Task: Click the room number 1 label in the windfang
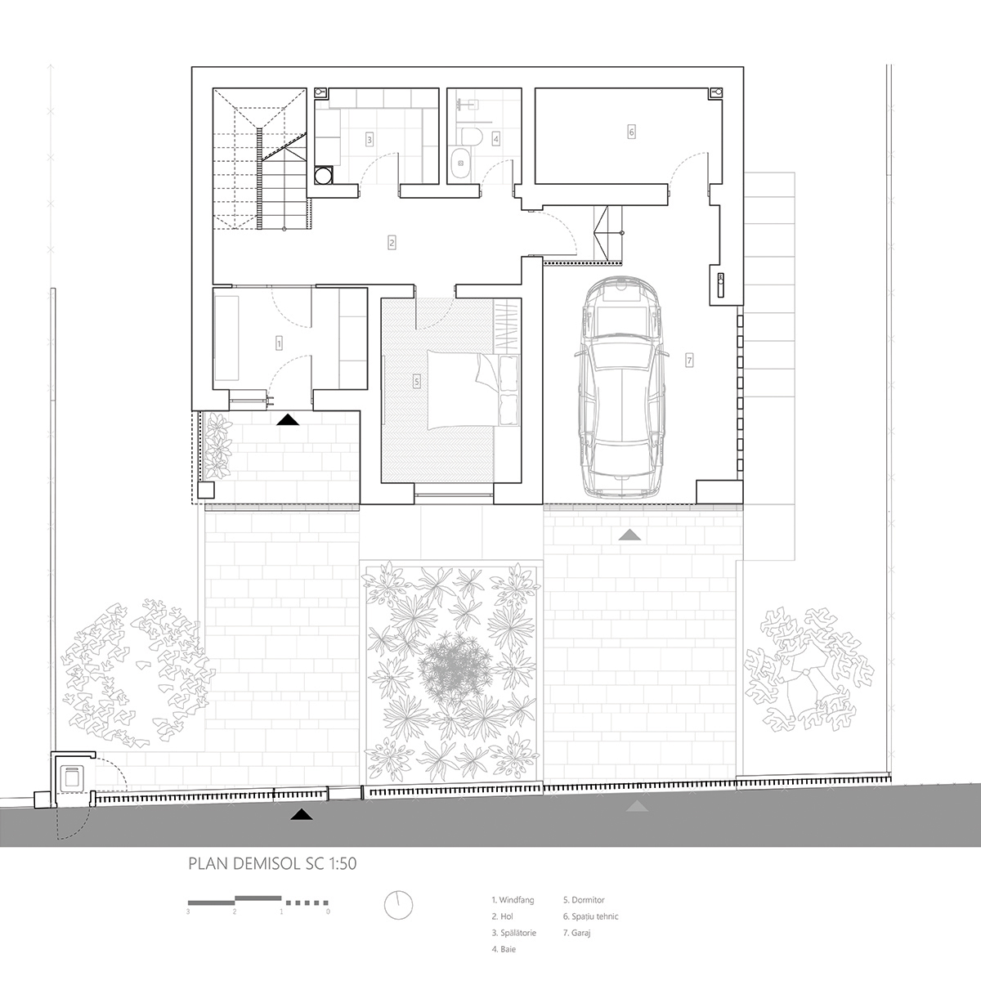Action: point(279,343)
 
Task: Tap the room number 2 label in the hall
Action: point(392,242)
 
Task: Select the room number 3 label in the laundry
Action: point(370,140)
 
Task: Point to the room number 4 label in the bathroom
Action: point(495,139)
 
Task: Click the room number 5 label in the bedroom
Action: point(417,381)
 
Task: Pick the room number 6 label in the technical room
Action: point(631,131)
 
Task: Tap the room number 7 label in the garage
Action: point(689,359)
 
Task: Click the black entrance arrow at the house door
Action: point(287,420)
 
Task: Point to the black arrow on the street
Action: point(302,813)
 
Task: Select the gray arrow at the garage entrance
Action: point(629,535)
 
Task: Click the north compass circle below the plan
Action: point(398,905)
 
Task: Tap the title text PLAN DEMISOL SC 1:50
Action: point(273,862)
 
